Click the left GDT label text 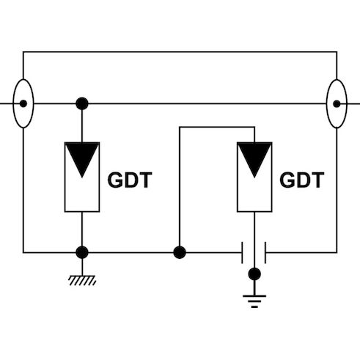[130, 180]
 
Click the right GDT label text [301, 180]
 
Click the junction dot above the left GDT [82, 103]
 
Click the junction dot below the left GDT [82, 252]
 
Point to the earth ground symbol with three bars [254, 298]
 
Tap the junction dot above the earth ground [254, 274]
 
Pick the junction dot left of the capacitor [179, 252]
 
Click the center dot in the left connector [23, 103]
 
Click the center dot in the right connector [336, 103]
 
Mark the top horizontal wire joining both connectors [180, 52]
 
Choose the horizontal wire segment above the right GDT [216, 128]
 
